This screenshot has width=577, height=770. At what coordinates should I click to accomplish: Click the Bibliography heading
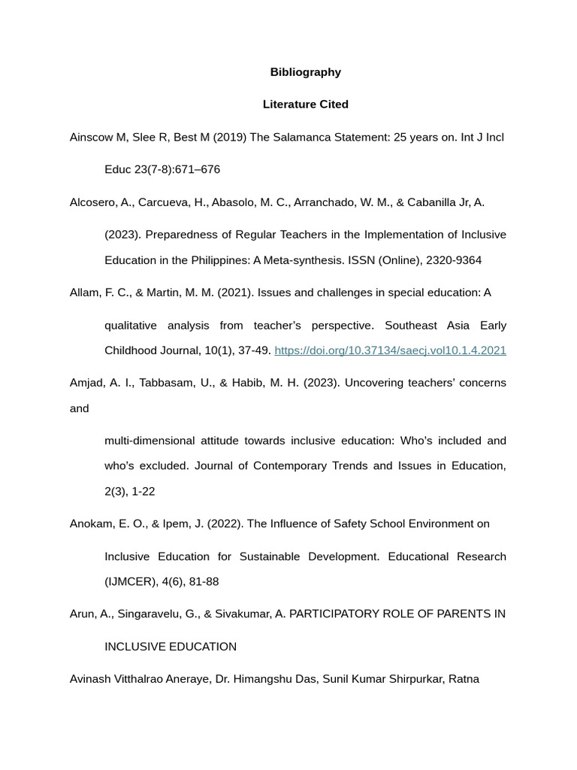[305, 72]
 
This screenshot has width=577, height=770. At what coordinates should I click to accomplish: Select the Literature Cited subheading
[305, 105]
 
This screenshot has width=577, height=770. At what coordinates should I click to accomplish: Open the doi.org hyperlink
[390, 350]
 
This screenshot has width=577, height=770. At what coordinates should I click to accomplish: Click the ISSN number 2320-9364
[454, 261]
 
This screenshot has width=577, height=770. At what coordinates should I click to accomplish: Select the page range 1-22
[143, 492]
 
